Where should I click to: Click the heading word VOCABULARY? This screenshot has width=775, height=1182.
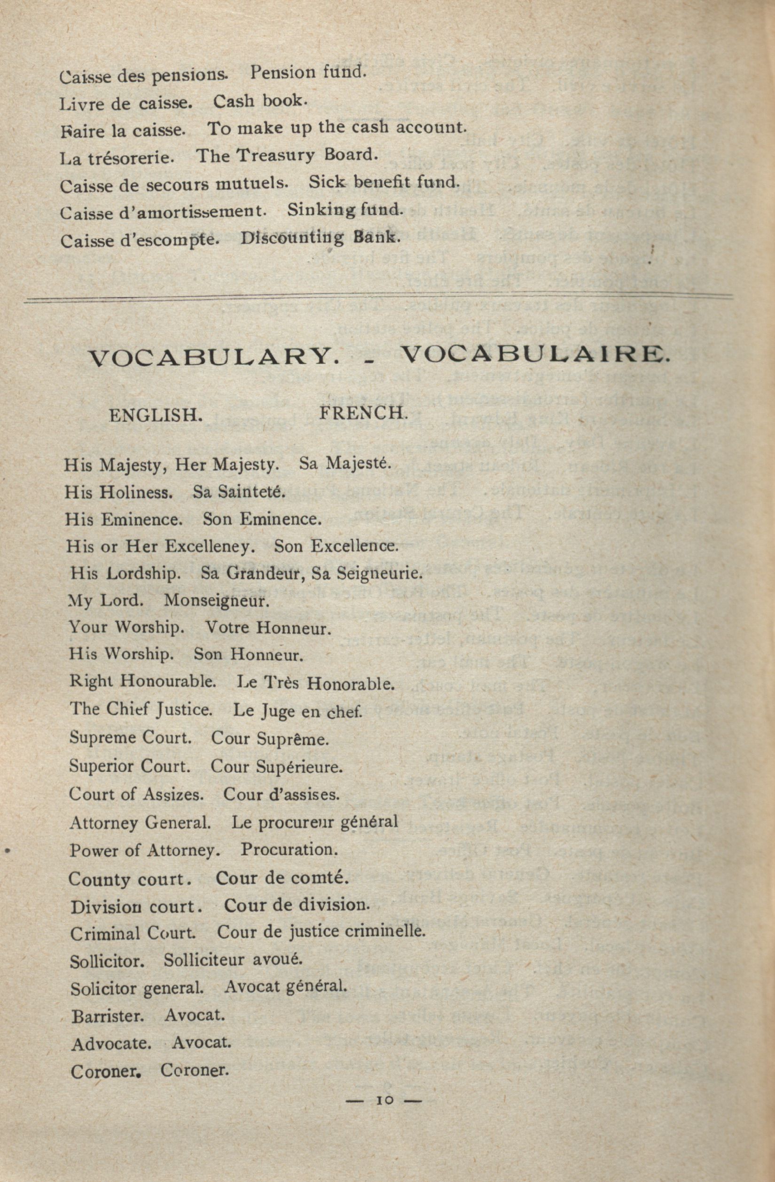coord(213,356)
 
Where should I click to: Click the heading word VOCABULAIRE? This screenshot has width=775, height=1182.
coord(535,354)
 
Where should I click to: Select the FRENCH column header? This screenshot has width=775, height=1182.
coord(363,413)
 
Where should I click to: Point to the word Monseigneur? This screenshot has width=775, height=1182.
coord(217,601)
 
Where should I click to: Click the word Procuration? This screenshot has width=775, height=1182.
coord(289,849)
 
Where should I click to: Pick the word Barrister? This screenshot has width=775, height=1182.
coord(108,1017)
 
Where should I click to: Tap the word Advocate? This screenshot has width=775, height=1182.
coord(111,1044)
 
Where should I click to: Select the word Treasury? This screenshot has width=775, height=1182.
coord(275,156)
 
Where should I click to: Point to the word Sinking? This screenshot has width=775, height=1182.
coord(321,211)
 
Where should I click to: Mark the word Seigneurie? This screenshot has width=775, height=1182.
coord(379,574)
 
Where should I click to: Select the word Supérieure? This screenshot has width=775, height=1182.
coord(299,767)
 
